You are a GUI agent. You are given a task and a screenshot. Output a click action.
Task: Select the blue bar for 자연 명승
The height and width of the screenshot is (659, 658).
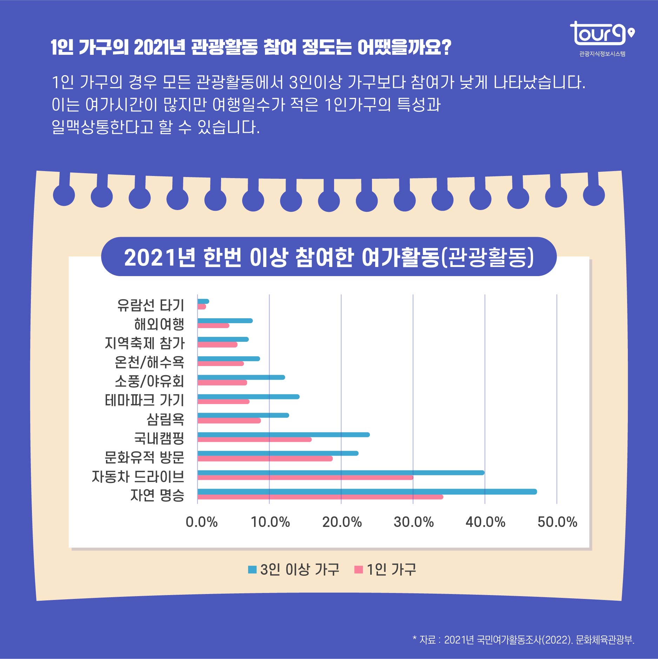click(367, 491)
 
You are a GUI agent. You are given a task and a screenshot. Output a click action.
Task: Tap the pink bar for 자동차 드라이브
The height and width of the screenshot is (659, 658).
click(305, 478)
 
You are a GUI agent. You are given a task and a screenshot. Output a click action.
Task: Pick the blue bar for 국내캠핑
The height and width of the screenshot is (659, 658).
click(284, 435)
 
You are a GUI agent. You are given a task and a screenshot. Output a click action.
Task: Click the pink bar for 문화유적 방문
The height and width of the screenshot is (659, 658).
click(265, 458)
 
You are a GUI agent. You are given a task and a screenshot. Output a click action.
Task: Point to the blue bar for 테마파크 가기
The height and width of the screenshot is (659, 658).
click(248, 397)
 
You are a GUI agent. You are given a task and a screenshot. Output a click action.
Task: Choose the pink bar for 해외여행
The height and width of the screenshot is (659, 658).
click(213, 326)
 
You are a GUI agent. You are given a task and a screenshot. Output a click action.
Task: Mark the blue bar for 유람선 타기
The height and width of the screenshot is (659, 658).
click(204, 301)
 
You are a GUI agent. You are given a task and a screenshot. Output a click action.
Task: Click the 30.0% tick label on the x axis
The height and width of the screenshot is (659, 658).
click(413, 522)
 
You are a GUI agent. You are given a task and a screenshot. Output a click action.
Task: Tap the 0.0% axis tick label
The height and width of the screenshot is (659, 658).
click(201, 522)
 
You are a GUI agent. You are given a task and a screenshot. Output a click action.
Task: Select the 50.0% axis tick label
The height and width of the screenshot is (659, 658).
click(557, 522)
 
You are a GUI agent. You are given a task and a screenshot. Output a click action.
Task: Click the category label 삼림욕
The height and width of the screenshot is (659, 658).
click(165, 419)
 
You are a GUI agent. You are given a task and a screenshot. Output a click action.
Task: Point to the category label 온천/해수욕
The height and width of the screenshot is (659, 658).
click(149, 362)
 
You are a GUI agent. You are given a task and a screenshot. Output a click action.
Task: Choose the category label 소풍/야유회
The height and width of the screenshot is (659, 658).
click(149, 381)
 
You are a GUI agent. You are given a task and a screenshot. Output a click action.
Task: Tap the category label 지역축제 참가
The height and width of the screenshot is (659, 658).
click(144, 343)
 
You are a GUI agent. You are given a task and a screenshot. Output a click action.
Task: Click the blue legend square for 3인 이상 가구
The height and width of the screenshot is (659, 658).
click(252, 569)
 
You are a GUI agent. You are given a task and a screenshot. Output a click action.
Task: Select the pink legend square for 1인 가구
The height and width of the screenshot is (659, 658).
click(358, 569)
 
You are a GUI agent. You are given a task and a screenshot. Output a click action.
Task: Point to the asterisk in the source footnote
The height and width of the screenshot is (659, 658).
click(414, 637)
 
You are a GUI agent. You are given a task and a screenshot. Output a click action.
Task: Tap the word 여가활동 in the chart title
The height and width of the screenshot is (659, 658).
click(400, 257)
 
